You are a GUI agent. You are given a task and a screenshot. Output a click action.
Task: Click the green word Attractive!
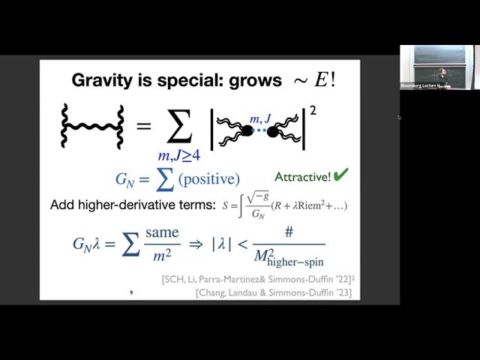coord(302,177)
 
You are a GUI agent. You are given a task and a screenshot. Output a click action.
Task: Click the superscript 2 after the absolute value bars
coord(313,110)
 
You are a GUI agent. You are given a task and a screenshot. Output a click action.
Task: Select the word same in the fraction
coord(161,232)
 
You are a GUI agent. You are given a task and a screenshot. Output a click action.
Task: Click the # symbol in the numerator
coord(289,232)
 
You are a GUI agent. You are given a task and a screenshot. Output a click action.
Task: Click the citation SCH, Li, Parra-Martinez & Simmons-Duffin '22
coord(258,280)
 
